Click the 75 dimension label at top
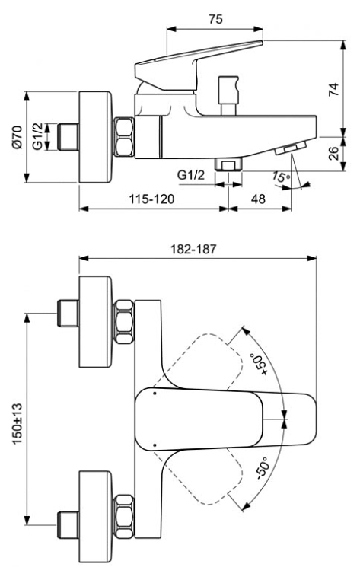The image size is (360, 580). point(215,19)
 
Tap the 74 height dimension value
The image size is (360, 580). point(333,90)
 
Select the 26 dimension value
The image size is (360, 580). point(333,153)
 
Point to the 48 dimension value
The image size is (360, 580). point(258,199)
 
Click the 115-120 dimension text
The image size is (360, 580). point(151,199)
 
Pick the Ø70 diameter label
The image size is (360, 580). point(18,137)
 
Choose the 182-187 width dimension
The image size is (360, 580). point(193,249)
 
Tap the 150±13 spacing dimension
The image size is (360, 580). point(18,423)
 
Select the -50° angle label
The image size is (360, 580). point(263,468)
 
